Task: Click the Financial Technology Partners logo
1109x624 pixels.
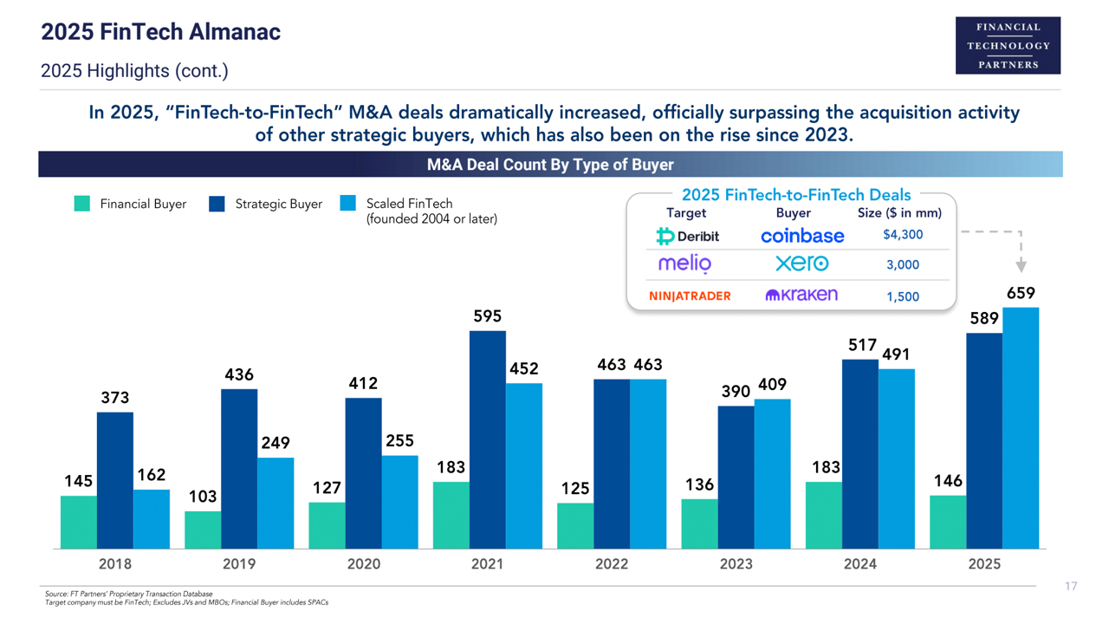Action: [x=1008, y=45]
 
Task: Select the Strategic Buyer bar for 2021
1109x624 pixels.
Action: [x=487, y=439]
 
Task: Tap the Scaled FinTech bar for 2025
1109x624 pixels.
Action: [x=1021, y=428]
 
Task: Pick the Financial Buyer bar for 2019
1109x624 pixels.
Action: [x=202, y=530]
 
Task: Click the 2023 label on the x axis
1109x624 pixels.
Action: [x=736, y=564]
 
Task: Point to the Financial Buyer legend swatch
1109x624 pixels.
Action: [x=82, y=204]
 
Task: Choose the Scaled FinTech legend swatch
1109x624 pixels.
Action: [x=347, y=204]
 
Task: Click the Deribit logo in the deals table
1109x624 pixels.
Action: [x=688, y=236]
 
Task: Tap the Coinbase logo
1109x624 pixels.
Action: [x=802, y=236]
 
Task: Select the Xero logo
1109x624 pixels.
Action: [x=801, y=263]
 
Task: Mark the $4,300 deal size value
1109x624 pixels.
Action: [x=903, y=235]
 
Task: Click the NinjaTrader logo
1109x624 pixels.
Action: [x=690, y=296]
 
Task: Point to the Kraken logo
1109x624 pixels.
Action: [x=801, y=295]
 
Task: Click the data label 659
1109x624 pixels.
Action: [x=1021, y=293]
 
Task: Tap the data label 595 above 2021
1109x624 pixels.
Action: [x=487, y=316]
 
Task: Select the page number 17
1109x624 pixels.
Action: [x=1071, y=587]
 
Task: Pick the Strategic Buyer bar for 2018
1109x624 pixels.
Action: [x=114, y=480]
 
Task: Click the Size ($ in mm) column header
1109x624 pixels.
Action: [x=899, y=212]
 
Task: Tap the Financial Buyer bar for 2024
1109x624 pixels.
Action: [x=823, y=515]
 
